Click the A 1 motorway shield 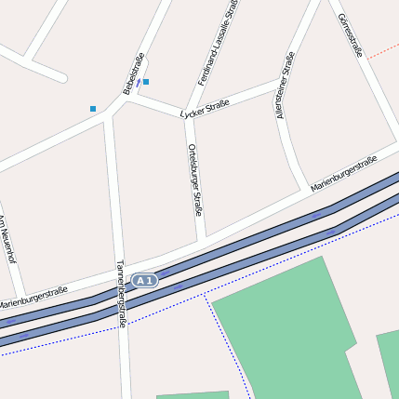144,280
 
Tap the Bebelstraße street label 133,73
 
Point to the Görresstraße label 351,35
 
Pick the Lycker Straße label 205,109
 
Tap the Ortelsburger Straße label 195,180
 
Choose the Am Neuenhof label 8,240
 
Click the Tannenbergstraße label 120,293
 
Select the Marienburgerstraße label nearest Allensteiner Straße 343,174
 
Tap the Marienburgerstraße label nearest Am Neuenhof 33,298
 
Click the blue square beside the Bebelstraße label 146,82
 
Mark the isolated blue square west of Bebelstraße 93,109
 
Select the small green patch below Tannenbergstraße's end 192,395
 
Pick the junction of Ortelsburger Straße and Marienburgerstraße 202,241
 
